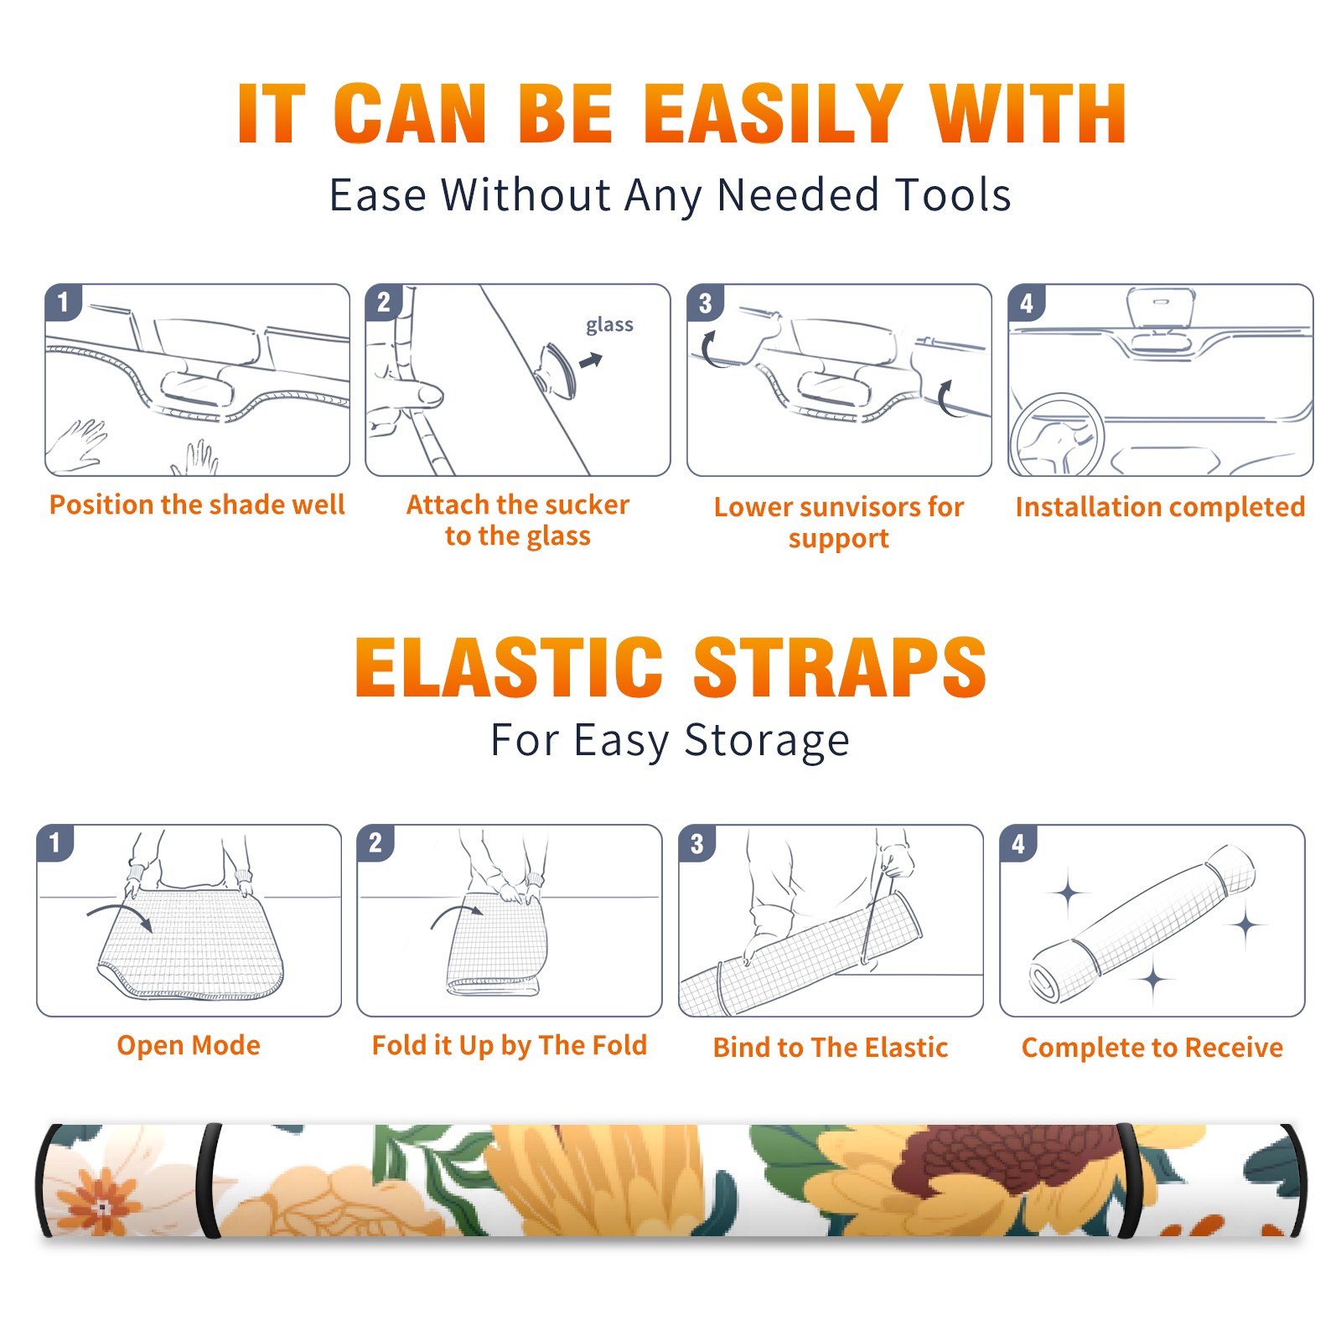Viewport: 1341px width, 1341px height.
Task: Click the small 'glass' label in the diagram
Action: (609, 324)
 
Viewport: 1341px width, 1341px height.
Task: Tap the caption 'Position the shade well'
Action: (197, 505)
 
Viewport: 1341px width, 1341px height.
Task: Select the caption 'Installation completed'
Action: (1160, 506)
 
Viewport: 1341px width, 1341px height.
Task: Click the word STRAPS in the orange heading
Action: (840, 667)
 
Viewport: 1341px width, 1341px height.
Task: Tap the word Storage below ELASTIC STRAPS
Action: (767, 741)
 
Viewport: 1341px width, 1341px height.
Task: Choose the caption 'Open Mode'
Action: (189, 1045)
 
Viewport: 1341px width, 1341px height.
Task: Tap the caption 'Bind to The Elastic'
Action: (831, 1048)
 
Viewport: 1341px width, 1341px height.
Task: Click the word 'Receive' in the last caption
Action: (1234, 1048)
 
